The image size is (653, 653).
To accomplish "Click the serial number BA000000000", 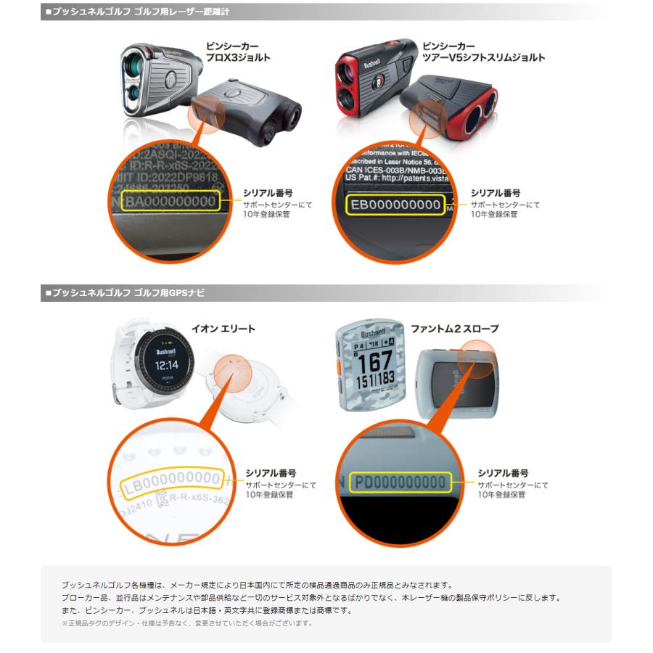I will point(170,201).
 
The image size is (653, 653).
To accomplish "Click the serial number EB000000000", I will point(395,205).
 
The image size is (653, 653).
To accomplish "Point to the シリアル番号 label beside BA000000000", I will point(268,193).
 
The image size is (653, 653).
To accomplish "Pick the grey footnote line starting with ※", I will point(187,623).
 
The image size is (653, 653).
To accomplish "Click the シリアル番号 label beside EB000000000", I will point(496,193).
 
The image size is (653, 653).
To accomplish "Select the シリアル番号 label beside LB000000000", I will point(270,472).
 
